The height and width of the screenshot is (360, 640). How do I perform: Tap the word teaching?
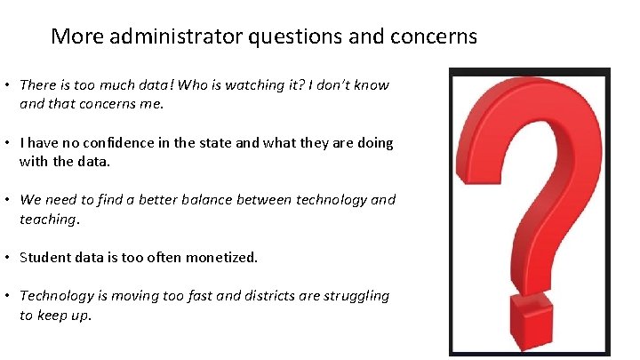(48, 218)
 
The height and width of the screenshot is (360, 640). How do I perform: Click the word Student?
(44, 258)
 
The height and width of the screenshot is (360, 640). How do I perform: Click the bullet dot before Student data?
(6, 258)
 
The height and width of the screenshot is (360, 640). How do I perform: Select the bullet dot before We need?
(6, 200)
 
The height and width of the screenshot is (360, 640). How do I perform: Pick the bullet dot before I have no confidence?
(6, 143)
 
